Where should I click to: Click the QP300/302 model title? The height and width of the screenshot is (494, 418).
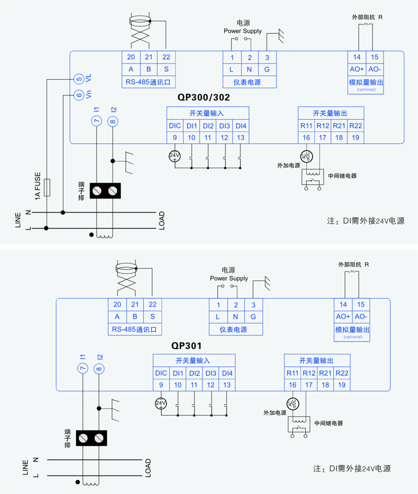pyautogui.click(x=204, y=96)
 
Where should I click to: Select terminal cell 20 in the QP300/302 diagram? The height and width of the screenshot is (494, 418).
pyautogui.click(x=131, y=57)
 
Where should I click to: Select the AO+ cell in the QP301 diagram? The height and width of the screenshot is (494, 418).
pyautogui.click(x=343, y=317)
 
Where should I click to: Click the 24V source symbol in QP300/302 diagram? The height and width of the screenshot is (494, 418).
pyautogui.click(x=175, y=156)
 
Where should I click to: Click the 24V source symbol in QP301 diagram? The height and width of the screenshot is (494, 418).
pyautogui.click(x=161, y=403)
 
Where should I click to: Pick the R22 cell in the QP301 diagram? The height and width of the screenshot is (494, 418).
pyautogui.click(x=342, y=373)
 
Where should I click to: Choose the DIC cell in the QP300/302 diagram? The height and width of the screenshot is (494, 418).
pyautogui.click(x=174, y=126)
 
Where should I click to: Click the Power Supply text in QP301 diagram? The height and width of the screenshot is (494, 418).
pyautogui.click(x=229, y=278)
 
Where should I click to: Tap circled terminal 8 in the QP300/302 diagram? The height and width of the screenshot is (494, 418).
pyautogui.click(x=113, y=121)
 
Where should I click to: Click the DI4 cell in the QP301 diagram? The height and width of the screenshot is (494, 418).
pyautogui.click(x=227, y=373)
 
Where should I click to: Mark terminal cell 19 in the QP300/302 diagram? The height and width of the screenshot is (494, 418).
pyautogui.click(x=355, y=138)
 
